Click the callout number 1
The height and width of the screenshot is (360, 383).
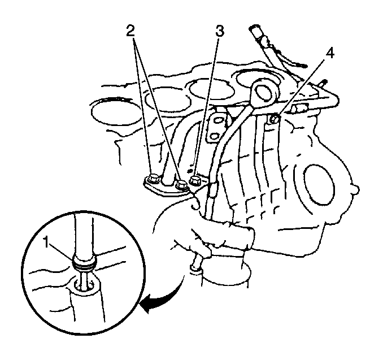pyautogui.click(x=46, y=242)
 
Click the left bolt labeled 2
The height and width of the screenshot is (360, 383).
pyautogui.click(x=153, y=179)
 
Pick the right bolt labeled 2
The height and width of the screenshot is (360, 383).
pyautogui.click(x=182, y=184)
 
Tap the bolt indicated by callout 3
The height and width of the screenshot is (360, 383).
pyautogui.click(x=195, y=180)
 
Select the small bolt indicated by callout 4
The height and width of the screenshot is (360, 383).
pyautogui.click(x=275, y=119)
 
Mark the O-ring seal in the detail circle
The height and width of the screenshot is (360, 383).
pyautogui.click(x=84, y=265)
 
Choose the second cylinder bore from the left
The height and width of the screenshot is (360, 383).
pyautogui.click(x=168, y=102)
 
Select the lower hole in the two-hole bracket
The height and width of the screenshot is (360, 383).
pyautogui.click(x=215, y=136)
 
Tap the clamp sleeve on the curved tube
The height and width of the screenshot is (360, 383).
pyautogui.click(x=212, y=189)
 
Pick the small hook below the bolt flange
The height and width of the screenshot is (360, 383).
pyautogui.click(x=195, y=204)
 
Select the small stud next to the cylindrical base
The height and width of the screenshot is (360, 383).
pyautogui.click(x=197, y=263)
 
